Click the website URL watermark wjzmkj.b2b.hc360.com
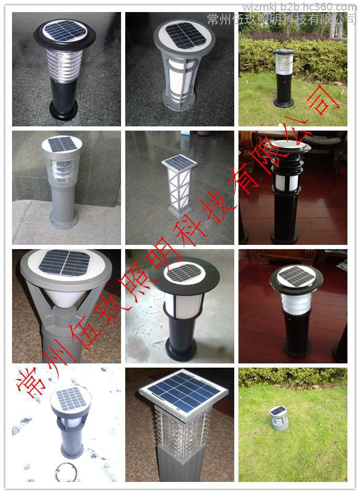tap(299, 7)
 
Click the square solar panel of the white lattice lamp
tap(179, 162)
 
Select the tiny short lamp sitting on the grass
tap(278, 418)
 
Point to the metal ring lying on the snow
tap(66, 472)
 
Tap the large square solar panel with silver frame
tap(183, 392)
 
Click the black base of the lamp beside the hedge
tap(283, 103)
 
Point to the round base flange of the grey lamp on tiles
tap(64, 219)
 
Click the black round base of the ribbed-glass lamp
tap(63, 110)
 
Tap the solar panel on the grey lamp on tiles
tap(62, 144)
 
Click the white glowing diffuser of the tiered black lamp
tap(286, 182)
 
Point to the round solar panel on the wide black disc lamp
tap(184, 273)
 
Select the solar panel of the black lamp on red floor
tap(296, 275)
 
